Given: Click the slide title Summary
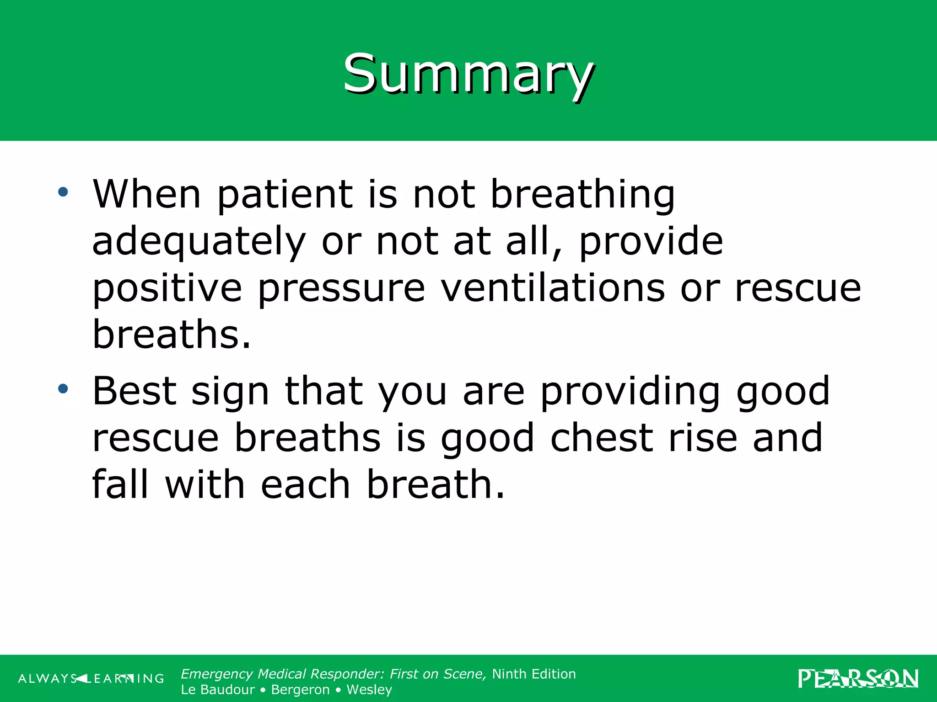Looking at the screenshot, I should (x=468, y=74).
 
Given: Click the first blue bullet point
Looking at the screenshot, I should (x=63, y=192).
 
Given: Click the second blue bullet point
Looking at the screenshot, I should (x=63, y=389).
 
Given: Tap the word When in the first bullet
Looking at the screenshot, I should (x=147, y=194).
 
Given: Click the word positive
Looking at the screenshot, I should (x=167, y=289).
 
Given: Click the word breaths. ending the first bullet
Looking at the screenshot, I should (x=172, y=335).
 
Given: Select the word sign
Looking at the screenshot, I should (x=230, y=393).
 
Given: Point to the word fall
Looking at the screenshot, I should (x=120, y=484).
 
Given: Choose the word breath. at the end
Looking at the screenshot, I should (x=436, y=484).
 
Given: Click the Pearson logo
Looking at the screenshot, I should (x=858, y=678).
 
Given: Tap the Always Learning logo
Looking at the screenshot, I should (x=91, y=678).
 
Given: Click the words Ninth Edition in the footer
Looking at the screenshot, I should (x=534, y=674).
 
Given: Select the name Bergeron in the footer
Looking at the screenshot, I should (x=300, y=690).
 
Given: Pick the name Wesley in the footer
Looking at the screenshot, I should (x=369, y=690).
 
